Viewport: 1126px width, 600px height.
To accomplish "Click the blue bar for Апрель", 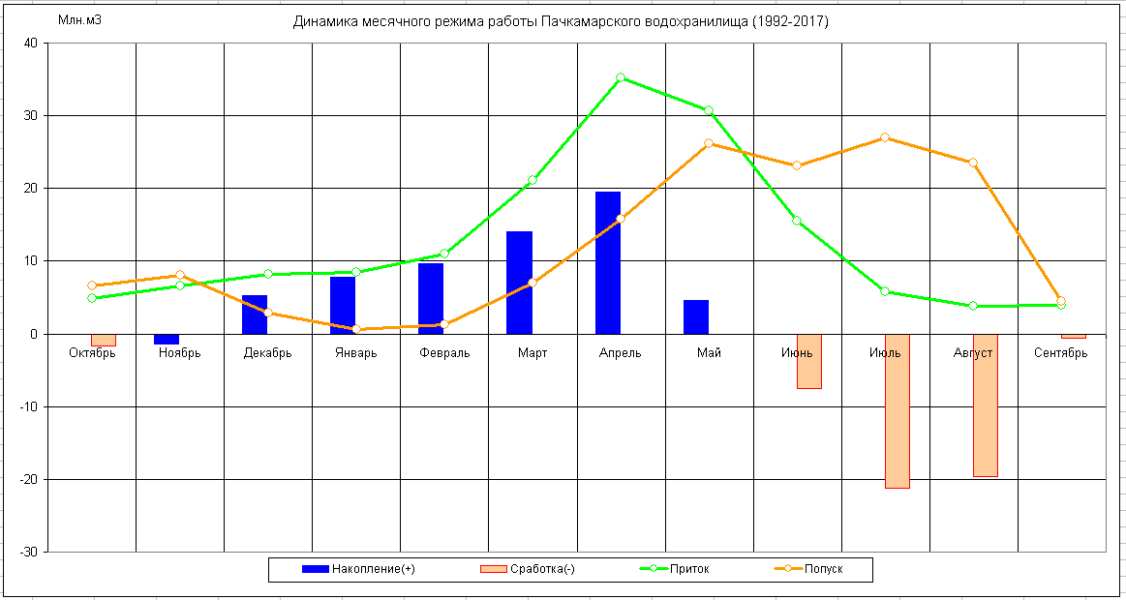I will tap(608, 262).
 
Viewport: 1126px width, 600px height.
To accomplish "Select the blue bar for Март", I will tap(520, 283).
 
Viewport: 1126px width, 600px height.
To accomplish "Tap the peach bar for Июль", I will tap(897, 411).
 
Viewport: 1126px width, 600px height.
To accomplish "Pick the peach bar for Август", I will tap(985, 405).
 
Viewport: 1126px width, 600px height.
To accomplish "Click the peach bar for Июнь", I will tap(809, 361).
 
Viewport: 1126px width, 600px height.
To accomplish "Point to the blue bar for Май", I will tap(696, 316).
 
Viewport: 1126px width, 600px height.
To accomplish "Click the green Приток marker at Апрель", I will tap(621, 77).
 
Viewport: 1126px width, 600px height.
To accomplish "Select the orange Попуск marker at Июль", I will tap(885, 137).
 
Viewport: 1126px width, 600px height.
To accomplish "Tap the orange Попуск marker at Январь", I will tap(356, 329).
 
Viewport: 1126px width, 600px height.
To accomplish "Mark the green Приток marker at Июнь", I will tap(797, 221).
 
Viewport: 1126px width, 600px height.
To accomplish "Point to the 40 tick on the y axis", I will tap(30, 43).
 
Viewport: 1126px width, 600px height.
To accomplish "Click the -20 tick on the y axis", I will tap(27, 479).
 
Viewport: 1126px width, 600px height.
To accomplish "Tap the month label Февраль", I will tap(444, 353).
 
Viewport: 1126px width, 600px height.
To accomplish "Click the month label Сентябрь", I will tap(1060, 353).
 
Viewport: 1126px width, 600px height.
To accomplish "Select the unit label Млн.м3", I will tap(79, 21).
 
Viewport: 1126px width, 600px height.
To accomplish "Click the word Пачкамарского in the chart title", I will tap(584, 21).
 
